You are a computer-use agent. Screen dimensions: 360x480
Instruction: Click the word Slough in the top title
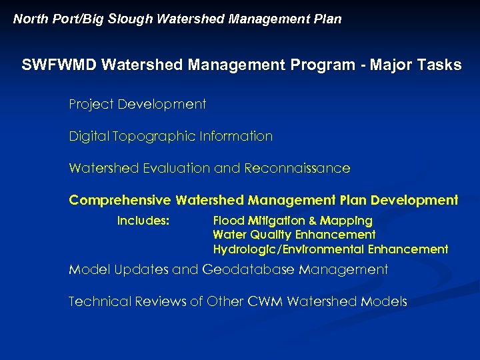click(x=132, y=19)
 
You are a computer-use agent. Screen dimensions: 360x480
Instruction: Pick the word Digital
click(x=89, y=137)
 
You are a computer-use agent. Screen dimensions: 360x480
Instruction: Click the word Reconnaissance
click(x=297, y=169)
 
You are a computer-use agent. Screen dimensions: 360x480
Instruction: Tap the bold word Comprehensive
click(x=120, y=201)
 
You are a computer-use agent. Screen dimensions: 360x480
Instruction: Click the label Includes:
click(x=143, y=221)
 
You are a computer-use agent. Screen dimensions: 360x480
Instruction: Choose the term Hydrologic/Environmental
click(x=287, y=249)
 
